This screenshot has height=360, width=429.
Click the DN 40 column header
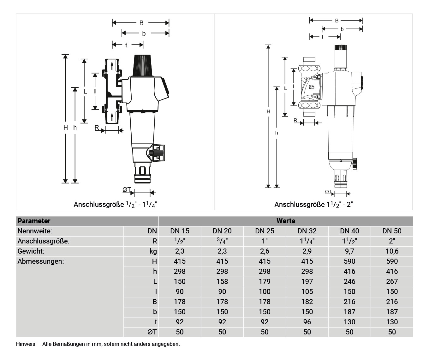pos(349,231)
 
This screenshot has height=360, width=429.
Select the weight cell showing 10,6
pos(392,251)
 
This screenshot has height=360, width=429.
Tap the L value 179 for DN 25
pos(265,281)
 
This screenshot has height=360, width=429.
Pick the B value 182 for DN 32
pos(307,302)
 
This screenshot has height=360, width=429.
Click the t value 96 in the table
pos(307,322)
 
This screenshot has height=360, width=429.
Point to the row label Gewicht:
pos(31,251)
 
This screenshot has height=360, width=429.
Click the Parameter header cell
pos(34,221)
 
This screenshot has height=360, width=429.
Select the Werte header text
pos(286,221)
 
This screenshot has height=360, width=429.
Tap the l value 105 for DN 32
pos(307,291)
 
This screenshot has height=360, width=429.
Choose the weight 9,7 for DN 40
pos(349,251)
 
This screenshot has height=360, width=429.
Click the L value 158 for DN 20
pos(222,281)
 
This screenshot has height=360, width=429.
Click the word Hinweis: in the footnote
pos(26,344)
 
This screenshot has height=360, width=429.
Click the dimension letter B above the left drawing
pos(141,23)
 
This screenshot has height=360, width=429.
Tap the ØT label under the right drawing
pos(328,192)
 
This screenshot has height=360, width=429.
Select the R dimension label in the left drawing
pos(97,128)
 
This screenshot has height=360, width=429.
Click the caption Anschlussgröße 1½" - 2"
pos(313,204)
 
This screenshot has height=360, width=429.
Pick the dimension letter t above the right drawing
pos(322,37)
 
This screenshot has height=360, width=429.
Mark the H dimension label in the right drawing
pos(268,111)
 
